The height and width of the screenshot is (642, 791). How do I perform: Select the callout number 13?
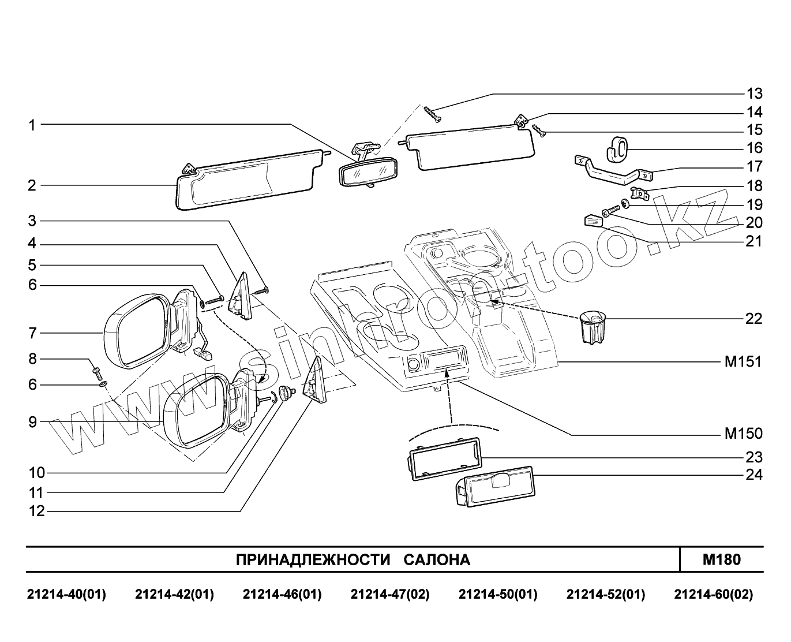(x=754, y=94)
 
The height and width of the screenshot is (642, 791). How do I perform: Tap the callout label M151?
(x=743, y=362)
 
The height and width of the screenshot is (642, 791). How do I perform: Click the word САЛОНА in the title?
(x=437, y=559)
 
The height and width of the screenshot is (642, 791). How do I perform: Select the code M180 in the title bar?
(x=721, y=559)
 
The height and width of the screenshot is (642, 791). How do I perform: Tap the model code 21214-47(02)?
(x=390, y=595)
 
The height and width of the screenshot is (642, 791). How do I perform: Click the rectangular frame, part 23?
(x=445, y=458)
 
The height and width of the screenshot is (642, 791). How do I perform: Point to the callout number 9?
(x=32, y=422)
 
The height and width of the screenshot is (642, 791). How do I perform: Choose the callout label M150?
(x=743, y=434)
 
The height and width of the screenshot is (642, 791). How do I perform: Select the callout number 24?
(x=754, y=475)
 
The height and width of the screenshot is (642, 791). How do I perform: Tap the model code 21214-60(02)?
(x=713, y=595)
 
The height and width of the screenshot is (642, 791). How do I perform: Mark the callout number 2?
(x=32, y=186)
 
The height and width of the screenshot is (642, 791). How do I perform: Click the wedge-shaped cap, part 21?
(x=593, y=221)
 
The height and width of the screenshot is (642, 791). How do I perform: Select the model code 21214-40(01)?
(x=66, y=595)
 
